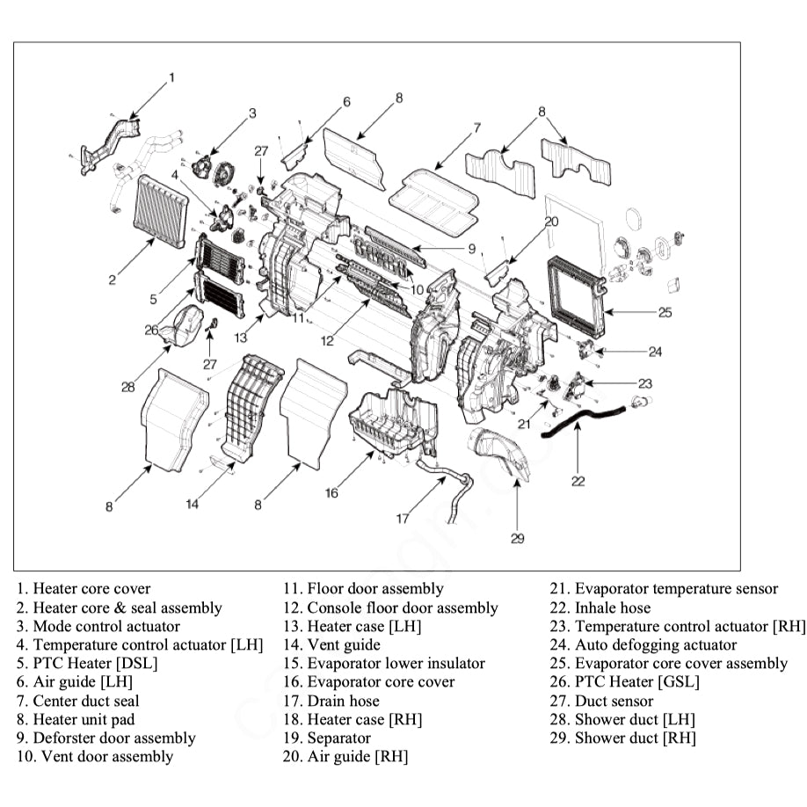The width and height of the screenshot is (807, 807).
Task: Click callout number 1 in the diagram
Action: (x=171, y=77)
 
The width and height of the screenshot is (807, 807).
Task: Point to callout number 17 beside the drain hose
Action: (x=402, y=519)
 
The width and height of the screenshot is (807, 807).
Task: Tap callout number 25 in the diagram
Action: (x=665, y=312)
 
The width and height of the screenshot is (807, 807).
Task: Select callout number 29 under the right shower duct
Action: (x=518, y=538)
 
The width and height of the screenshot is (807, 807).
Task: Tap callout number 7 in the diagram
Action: (x=476, y=128)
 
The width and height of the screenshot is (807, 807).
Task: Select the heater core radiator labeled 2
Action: (x=160, y=212)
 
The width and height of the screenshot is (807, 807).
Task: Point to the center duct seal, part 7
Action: (x=434, y=199)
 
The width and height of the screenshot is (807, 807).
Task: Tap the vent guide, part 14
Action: (x=250, y=404)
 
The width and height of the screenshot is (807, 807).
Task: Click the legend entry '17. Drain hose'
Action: (x=331, y=701)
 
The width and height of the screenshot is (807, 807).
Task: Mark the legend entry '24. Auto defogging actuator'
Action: (x=643, y=644)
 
